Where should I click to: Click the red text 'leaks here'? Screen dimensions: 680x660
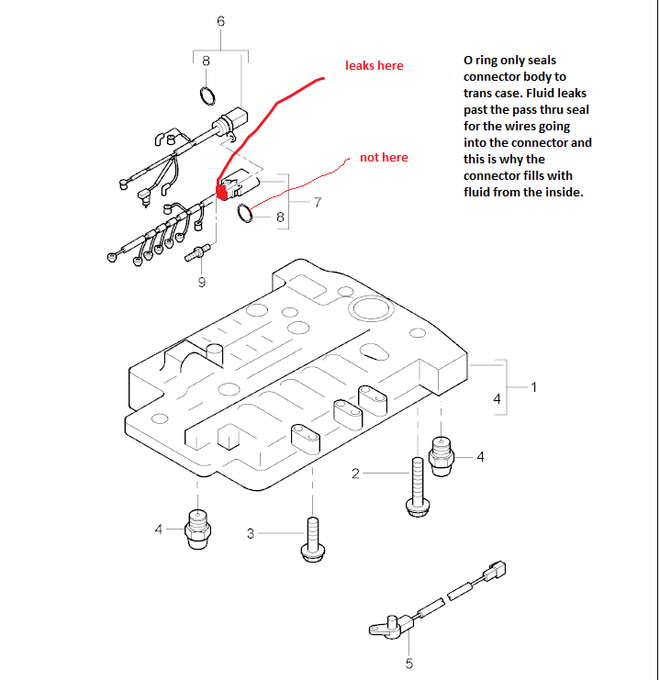[x=374, y=65]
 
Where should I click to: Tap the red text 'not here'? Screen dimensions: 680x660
[x=384, y=158]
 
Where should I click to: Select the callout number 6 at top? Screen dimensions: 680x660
[x=220, y=21]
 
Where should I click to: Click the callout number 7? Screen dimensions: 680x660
[x=318, y=202]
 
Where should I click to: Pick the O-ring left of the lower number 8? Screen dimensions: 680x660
[x=246, y=215]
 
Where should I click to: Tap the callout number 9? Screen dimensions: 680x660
[x=202, y=283]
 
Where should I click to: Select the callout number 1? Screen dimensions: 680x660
[x=534, y=387]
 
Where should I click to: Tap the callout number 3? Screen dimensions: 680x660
[x=251, y=533]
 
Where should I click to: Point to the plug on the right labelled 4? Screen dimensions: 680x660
[x=443, y=452]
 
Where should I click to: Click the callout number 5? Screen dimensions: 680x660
[x=409, y=663]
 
